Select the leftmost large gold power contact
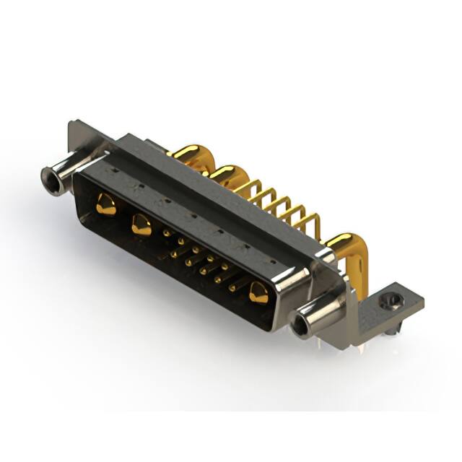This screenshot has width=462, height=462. coord(105,204)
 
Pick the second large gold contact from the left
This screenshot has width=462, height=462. coord(141,225)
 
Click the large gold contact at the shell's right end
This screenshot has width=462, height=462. coord(258,292)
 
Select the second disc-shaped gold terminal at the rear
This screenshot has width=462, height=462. coord(227,174)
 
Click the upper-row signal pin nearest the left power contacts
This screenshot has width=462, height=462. coord(167,233)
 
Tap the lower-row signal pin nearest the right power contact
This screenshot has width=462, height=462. coord(232,287)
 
